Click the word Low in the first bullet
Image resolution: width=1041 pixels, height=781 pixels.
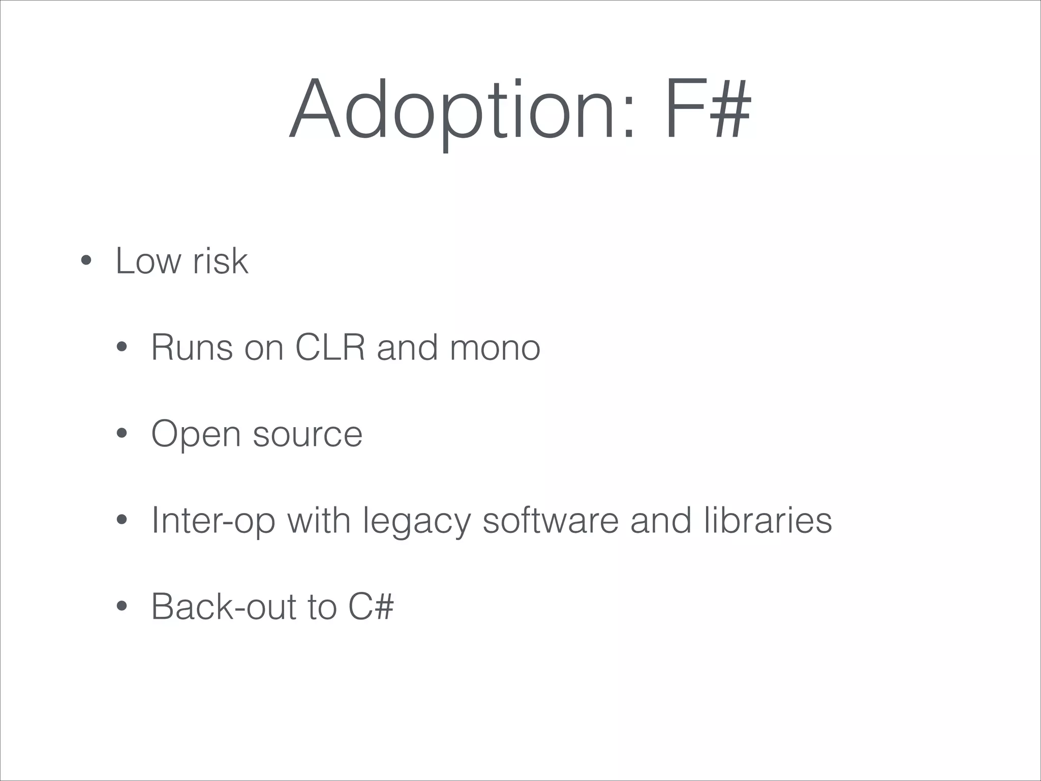point(148,261)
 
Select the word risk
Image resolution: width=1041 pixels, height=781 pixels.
point(221,261)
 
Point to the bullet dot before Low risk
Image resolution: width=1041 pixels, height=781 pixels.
point(86,261)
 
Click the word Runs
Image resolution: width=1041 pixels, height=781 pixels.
point(192,348)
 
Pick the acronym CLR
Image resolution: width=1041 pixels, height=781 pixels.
point(330,348)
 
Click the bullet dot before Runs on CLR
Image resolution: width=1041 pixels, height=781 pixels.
point(121,348)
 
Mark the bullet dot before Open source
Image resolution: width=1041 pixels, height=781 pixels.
point(121,434)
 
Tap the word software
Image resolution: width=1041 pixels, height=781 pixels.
point(550,521)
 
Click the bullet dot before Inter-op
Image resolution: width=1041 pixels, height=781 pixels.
point(121,520)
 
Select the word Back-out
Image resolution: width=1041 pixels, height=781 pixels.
point(223,607)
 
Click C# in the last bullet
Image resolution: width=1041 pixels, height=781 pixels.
point(371,607)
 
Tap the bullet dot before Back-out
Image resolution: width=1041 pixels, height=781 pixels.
point(121,607)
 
